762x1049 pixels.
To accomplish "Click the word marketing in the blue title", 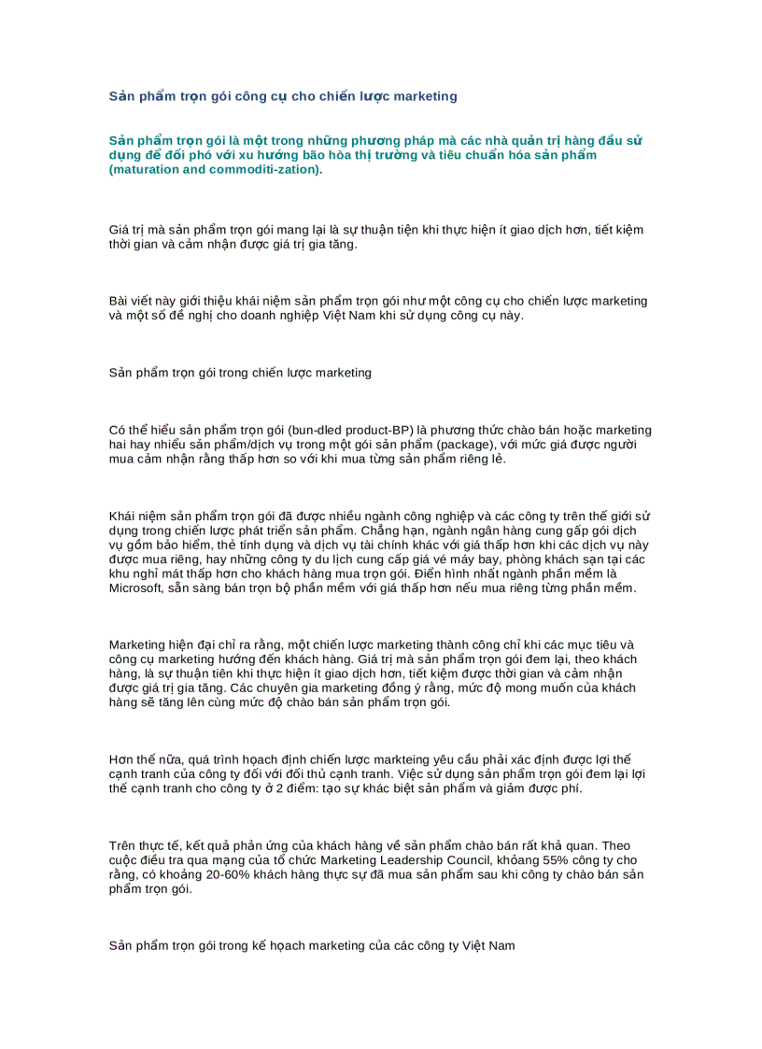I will click(x=426, y=96).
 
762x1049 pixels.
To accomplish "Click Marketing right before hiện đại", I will click(x=138, y=645).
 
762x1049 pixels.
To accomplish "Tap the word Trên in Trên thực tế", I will click(x=123, y=844).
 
